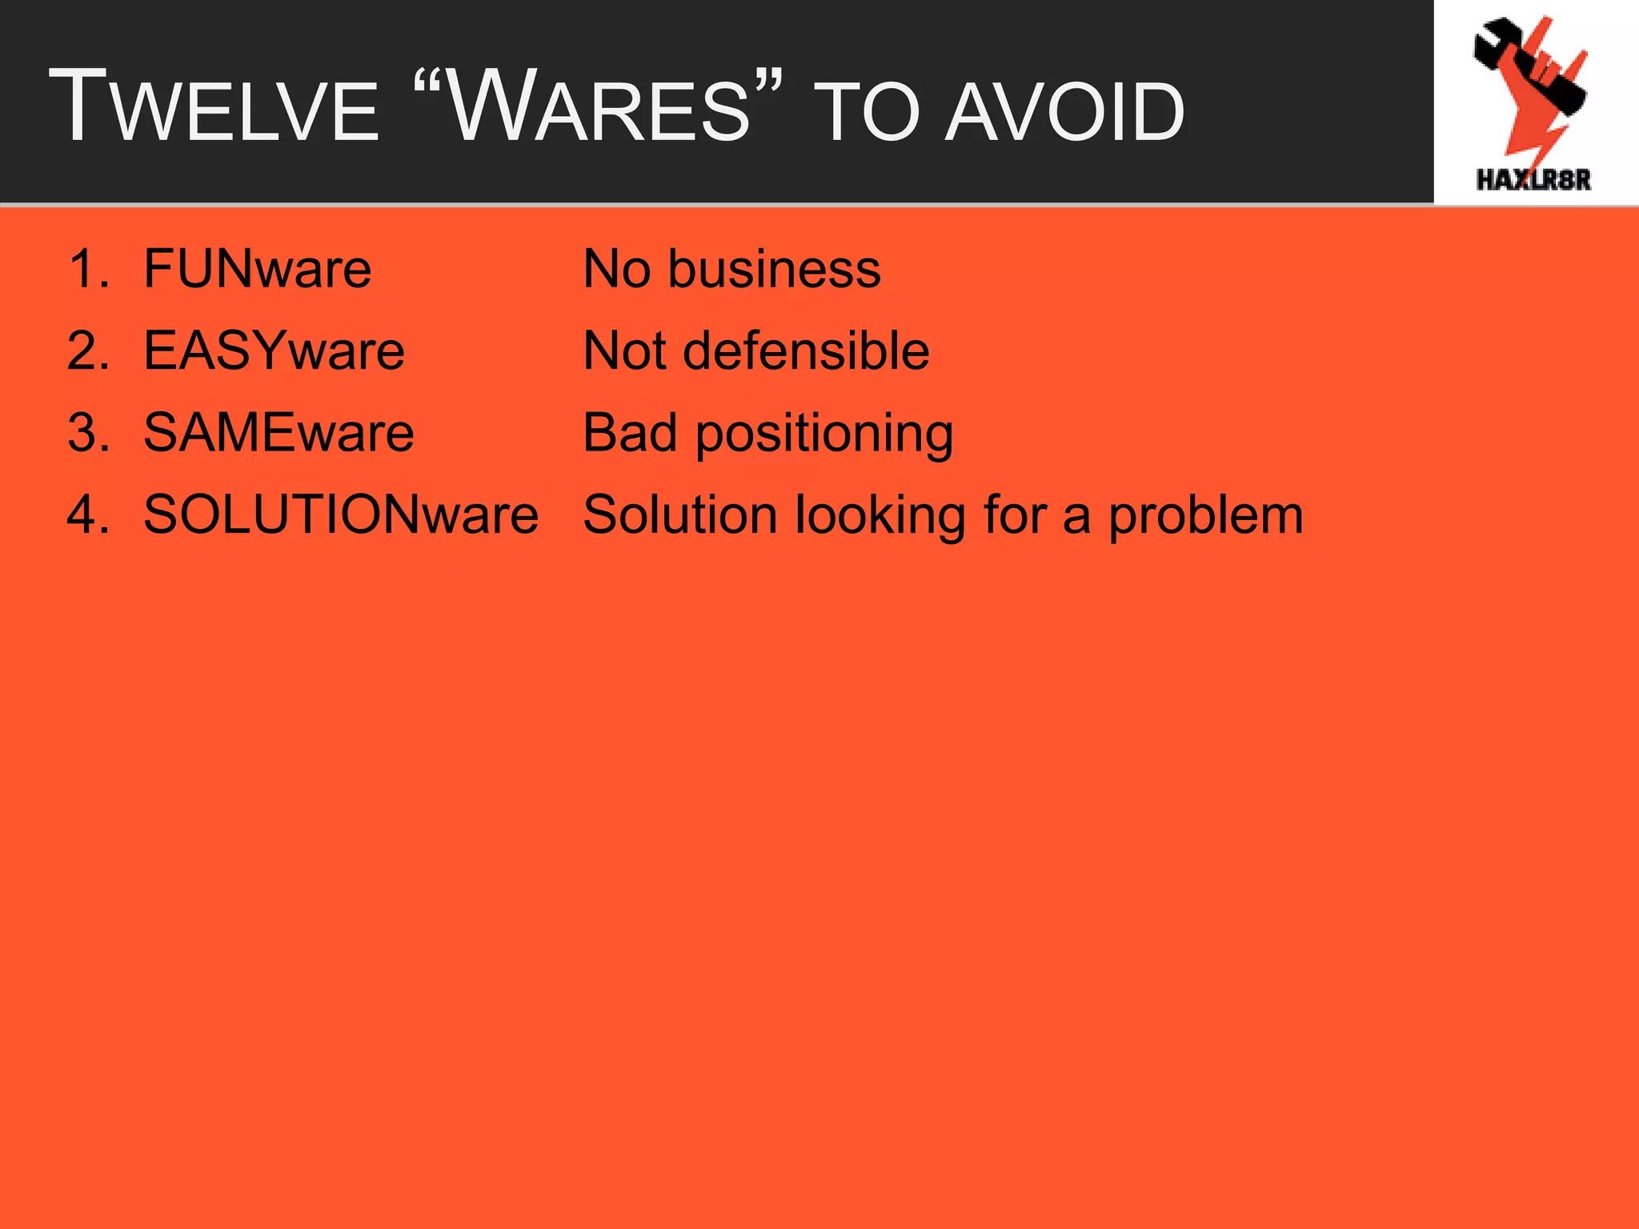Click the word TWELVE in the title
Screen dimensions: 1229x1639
tap(214, 108)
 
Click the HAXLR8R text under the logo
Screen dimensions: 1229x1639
tap(1533, 179)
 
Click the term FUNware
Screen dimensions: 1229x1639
tap(257, 269)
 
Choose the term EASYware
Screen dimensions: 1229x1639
tap(274, 351)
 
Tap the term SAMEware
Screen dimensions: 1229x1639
tap(279, 433)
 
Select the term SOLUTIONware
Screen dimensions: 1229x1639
tap(341, 514)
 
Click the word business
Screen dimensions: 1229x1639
tap(774, 269)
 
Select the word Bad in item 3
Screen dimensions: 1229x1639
tap(630, 433)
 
